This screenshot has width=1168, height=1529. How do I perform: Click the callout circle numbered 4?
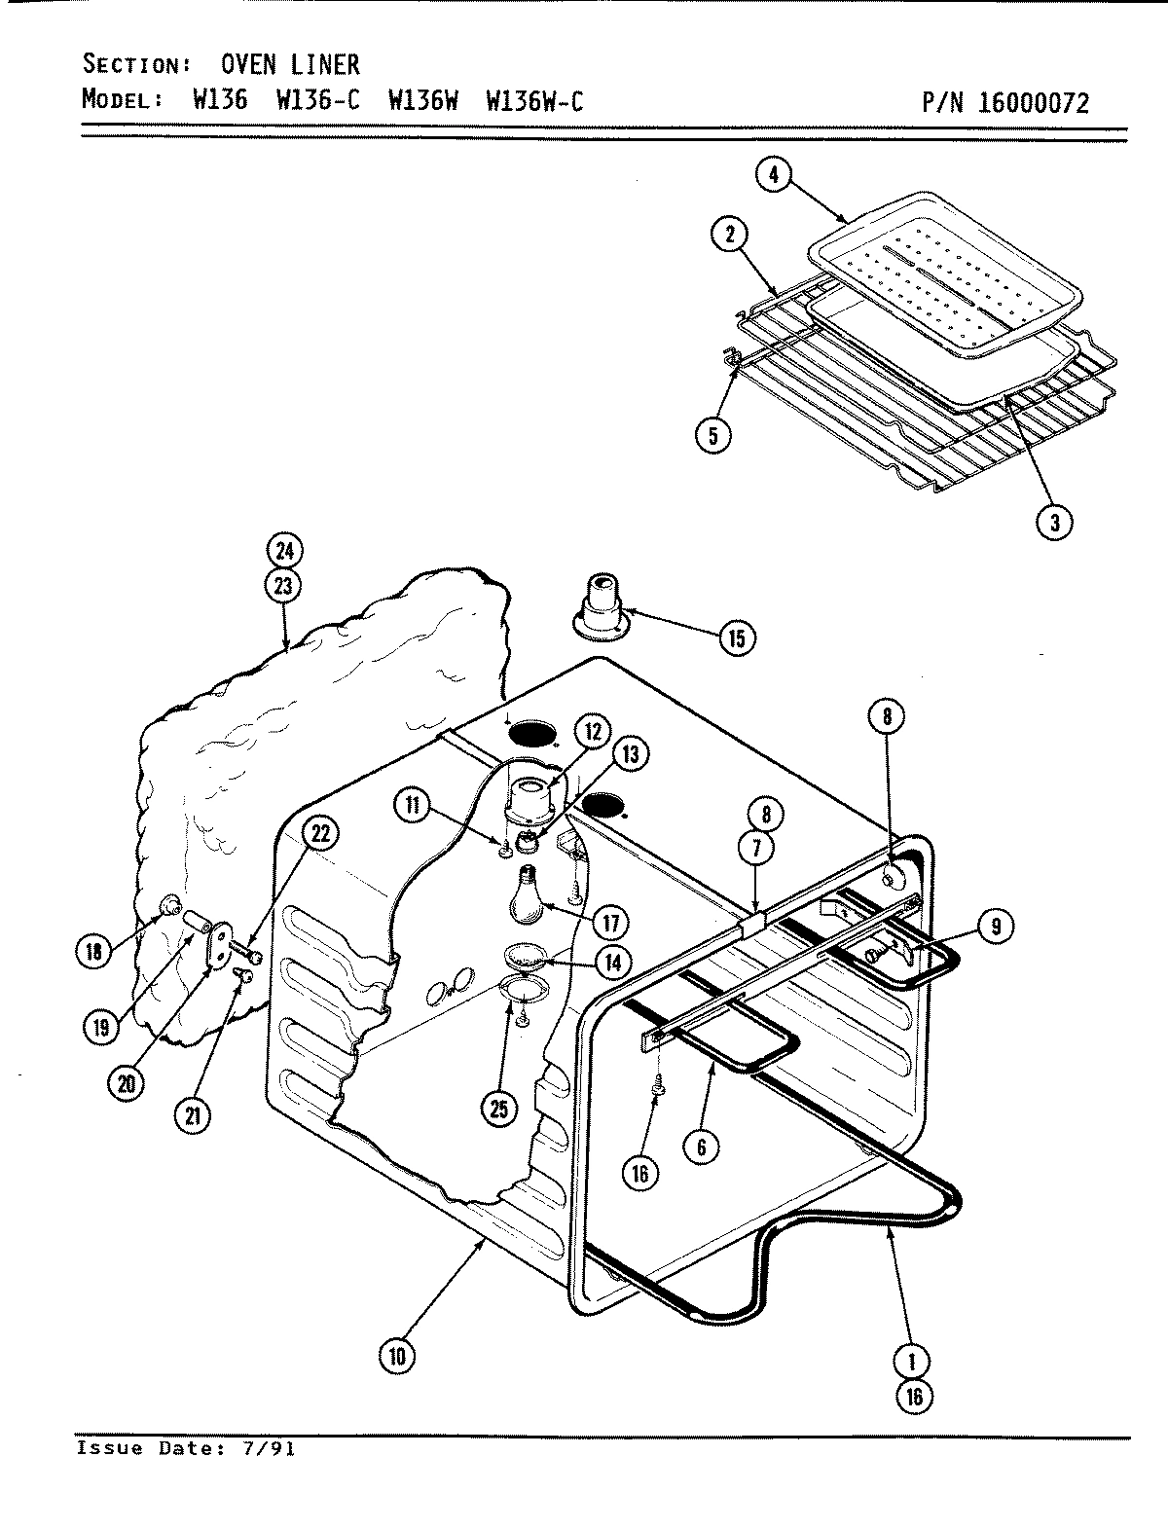pyautogui.click(x=774, y=177)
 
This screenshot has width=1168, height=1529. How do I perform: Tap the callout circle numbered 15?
pyautogui.click(x=736, y=637)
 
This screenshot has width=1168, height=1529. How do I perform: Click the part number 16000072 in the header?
pyautogui.click(x=1034, y=102)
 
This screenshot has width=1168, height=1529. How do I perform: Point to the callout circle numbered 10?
pyautogui.click(x=397, y=1357)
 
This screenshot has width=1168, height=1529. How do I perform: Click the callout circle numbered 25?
pyautogui.click(x=499, y=1109)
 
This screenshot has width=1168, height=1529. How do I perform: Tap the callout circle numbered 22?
pyautogui.click(x=320, y=832)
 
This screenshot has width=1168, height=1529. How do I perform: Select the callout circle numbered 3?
pyautogui.click(x=1053, y=523)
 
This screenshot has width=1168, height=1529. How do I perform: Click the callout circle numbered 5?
pyautogui.click(x=713, y=435)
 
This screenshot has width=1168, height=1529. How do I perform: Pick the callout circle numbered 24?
pyautogui.click(x=283, y=550)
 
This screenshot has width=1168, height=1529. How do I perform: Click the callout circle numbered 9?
pyautogui.click(x=995, y=926)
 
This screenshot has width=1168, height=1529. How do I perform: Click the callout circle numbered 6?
pyautogui.click(x=702, y=1146)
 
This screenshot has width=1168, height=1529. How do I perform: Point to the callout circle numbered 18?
pyautogui.click(x=93, y=951)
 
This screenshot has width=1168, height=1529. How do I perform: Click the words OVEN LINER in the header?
pyautogui.click(x=290, y=65)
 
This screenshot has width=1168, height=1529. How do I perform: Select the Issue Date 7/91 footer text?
pyautogui.click(x=186, y=1448)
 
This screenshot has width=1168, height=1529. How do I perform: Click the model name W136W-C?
pyautogui.click(x=533, y=100)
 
